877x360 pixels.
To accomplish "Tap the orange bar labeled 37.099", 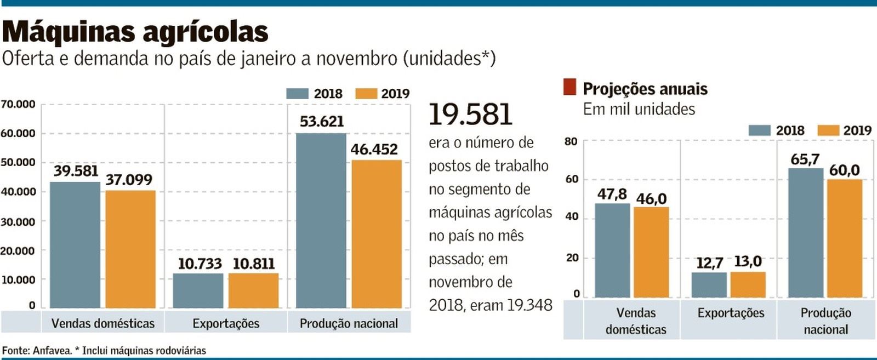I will pos(130,249).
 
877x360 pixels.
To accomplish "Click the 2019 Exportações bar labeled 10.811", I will pos(253,290).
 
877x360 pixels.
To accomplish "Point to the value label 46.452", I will pos(374,149).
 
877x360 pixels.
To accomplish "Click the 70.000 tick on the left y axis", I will pos(18,104).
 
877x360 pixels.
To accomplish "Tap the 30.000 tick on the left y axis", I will pos(18,222).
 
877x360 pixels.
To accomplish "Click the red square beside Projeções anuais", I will pos(570,87).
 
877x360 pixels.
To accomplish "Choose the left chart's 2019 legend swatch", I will pos(366,94).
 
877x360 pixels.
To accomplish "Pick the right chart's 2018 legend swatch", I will pos(759,130).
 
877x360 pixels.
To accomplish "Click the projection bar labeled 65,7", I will pos(806,233).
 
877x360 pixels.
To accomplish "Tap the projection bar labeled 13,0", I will pos(748,284).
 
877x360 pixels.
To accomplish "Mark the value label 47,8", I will pos(612,194).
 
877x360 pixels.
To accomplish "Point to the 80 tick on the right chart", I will pos(571,141).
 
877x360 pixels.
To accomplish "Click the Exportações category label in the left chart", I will pos(226,323).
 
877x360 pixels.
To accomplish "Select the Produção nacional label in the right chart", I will pos(825,321).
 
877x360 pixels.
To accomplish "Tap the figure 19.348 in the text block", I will pos(529,305).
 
